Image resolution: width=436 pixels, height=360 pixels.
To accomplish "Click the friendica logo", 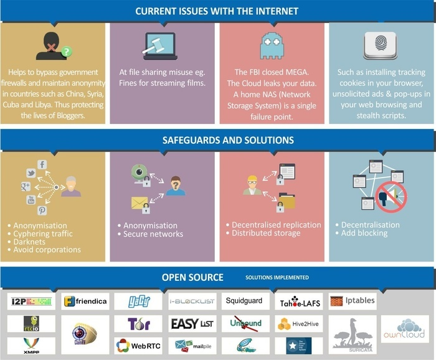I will [85, 302].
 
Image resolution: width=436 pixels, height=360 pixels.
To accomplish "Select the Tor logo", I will [138, 324].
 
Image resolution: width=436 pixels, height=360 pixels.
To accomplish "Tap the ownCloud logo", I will [405, 328].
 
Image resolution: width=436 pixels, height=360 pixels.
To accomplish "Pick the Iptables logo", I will [353, 300].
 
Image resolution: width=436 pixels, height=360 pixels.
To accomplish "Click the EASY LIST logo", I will [192, 324].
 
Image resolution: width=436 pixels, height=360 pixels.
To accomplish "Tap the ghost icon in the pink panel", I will [272, 45].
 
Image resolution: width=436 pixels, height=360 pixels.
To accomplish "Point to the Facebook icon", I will [42, 164].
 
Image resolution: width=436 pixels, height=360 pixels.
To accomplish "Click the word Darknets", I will [28, 242].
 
